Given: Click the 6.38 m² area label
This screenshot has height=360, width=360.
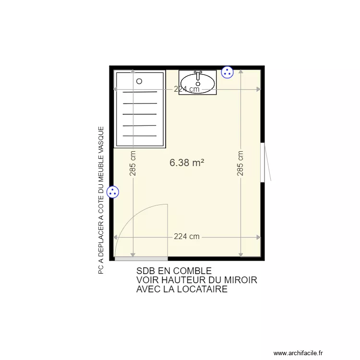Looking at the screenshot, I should [x=187, y=163].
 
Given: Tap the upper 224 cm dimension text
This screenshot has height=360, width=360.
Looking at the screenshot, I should [x=187, y=89].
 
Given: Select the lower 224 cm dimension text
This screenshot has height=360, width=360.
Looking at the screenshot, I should [x=187, y=237].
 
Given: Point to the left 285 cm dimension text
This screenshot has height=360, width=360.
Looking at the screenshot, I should [x=133, y=163].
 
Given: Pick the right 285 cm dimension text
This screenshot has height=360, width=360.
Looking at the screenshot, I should [x=240, y=163].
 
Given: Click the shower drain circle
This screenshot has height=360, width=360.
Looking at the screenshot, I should [x=139, y=81].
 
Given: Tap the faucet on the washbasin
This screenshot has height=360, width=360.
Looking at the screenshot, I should [x=197, y=75].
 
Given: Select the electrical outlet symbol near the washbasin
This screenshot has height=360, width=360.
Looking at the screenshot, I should [x=227, y=72].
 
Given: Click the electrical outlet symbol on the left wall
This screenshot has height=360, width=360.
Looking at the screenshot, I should [x=113, y=192].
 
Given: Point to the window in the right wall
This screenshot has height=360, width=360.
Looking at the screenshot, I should [x=263, y=162].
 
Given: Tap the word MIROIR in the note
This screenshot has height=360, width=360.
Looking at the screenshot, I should [x=241, y=280].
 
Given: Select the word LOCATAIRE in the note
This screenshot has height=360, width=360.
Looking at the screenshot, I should [x=204, y=289].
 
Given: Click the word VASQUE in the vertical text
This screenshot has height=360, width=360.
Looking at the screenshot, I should [x=101, y=140].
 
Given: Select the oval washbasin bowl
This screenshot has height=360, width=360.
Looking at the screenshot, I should [x=197, y=82].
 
